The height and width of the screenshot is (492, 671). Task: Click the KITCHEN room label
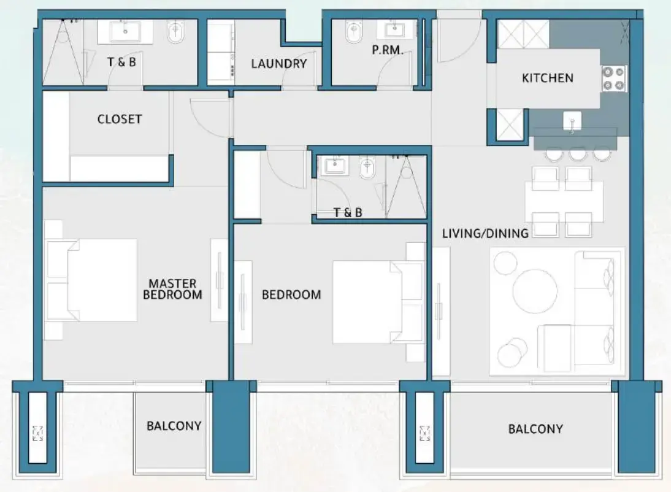coord(547,78)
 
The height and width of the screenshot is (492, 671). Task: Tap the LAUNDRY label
coord(278,63)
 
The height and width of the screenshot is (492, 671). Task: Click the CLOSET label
coord(119,119)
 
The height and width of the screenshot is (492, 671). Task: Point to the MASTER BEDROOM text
coord(172,289)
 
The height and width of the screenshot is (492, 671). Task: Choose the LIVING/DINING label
coord(485,233)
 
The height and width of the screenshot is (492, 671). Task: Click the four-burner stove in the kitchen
coord(613,78)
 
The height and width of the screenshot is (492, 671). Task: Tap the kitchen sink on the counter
coord(572,121)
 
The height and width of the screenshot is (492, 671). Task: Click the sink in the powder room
coord(393,29)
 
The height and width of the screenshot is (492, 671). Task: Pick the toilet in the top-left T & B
coord(176,33)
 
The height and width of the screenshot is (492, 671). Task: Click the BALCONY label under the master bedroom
coord(174,426)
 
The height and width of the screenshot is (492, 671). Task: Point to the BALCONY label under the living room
coord(535,429)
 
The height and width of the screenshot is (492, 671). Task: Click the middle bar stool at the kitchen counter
coord(578,153)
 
